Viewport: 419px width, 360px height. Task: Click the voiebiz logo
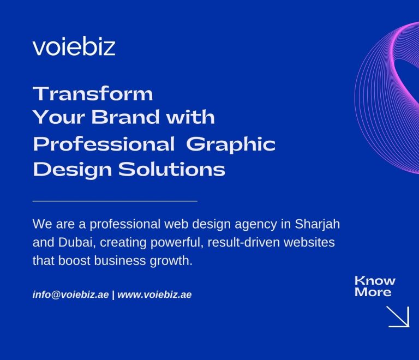(x=74, y=47)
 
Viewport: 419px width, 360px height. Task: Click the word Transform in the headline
(x=93, y=94)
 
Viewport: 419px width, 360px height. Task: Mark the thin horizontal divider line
(x=115, y=201)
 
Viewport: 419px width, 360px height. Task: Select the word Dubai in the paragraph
(x=73, y=242)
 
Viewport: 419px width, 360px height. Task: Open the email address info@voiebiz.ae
(x=71, y=295)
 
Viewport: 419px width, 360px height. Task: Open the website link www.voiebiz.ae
(x=154, y=295)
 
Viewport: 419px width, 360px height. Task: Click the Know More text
(x=375, y=286)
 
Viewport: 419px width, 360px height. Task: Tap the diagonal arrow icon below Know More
(x=398, y=316)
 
